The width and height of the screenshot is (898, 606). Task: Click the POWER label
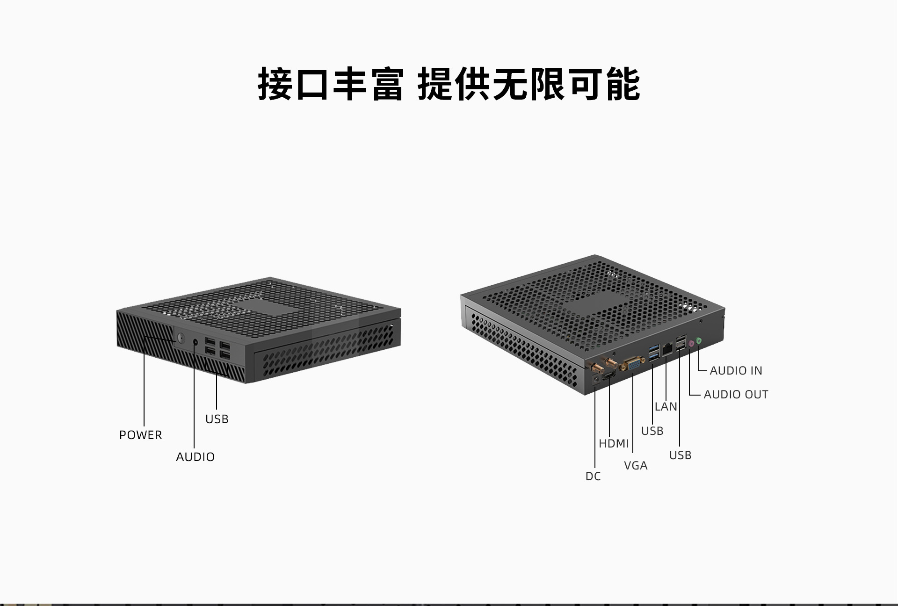140,435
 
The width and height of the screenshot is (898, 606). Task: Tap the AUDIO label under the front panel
195,457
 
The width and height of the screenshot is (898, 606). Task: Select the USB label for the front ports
217,419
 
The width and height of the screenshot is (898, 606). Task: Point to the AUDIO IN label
736,370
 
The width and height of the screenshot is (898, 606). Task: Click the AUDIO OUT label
736,395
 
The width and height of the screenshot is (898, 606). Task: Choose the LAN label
666,407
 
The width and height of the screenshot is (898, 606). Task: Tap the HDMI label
614,443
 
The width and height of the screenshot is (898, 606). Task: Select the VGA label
636,466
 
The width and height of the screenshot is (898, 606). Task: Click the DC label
593,476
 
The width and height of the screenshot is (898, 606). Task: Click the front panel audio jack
196,342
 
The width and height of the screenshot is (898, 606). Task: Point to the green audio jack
699,341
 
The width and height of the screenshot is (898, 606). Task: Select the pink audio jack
691,344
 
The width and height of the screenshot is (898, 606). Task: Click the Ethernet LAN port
667,348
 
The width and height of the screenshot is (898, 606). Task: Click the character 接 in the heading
276,84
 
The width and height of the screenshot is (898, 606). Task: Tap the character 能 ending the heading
623,84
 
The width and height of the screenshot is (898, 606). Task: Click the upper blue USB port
654,349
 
